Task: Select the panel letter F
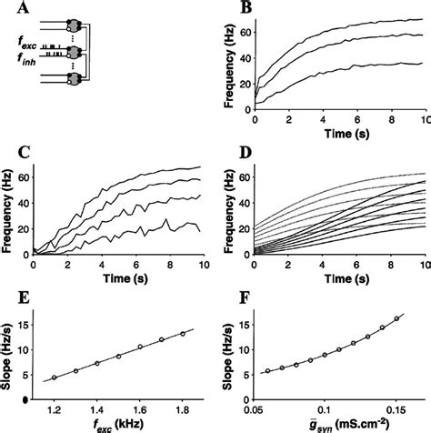tap(225, 296)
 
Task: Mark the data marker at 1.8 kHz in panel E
tap(183, 333)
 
